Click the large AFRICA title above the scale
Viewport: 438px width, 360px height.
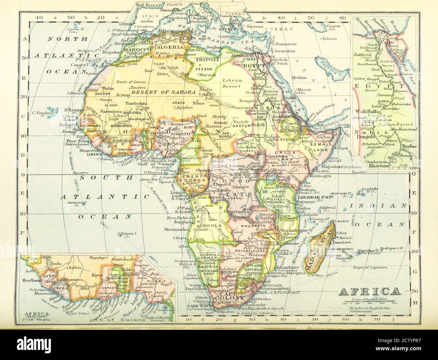coord(368,291)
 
